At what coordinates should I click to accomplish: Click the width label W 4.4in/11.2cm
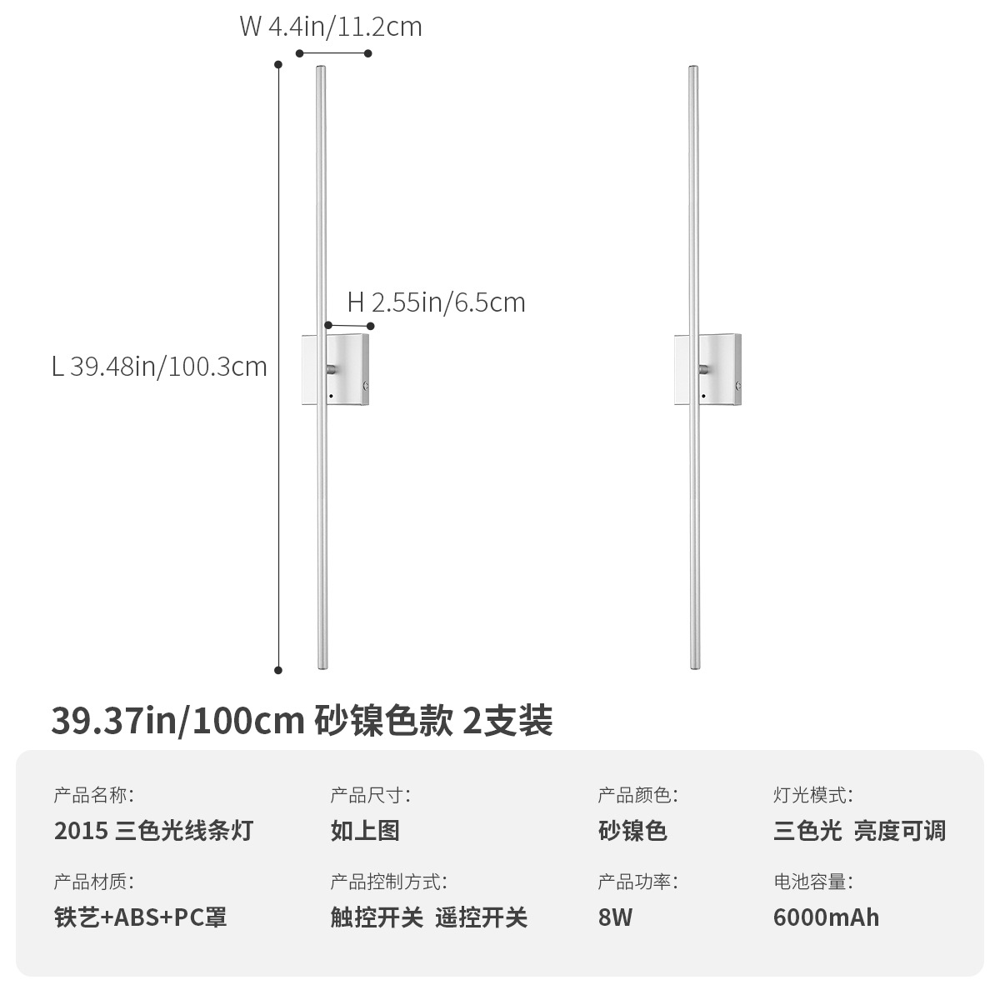[331, 27]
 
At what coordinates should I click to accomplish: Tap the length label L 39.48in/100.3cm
[159, 366]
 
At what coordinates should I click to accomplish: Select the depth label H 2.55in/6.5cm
[436, 302]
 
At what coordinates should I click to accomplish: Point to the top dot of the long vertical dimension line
[278, 64]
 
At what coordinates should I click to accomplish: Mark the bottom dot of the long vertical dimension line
[278, 669]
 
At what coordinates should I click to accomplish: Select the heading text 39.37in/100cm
[177, 720]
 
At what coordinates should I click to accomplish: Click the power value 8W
[615, 917]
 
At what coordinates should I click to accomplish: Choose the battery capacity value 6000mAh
[826, 917]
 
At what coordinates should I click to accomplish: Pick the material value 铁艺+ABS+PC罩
[140, 917]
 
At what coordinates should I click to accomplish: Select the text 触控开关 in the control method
[377, 917]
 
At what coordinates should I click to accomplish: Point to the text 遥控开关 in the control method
[482, 917]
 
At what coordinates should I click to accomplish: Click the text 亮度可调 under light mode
[899, 831]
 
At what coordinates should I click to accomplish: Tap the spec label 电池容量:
[812, 882]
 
